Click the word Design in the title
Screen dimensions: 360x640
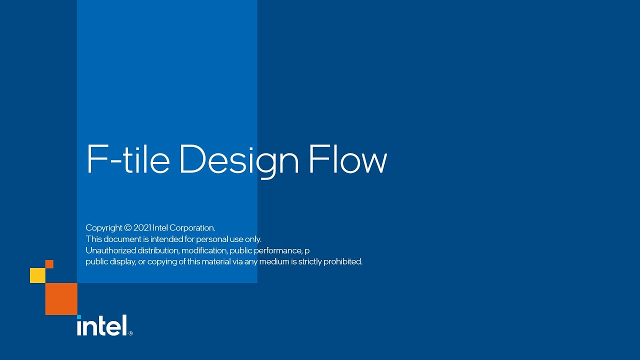[x=238, y=160]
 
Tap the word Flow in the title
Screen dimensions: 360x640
[x=347, y=160]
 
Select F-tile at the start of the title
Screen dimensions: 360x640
[x=128, y=160]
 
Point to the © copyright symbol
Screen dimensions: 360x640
[x=127, y=228]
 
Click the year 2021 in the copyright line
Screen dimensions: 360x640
[x=142, y=228]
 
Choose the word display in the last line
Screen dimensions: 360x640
[x=123, y=261]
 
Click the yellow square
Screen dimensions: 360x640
[x=37, y=275]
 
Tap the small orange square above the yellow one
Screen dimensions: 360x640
[x=49, y=264]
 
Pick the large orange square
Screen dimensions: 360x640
[x=61, y=299]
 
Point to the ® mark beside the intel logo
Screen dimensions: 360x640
[x=130, y=333]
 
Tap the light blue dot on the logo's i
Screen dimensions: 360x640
[x=79, y=317]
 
